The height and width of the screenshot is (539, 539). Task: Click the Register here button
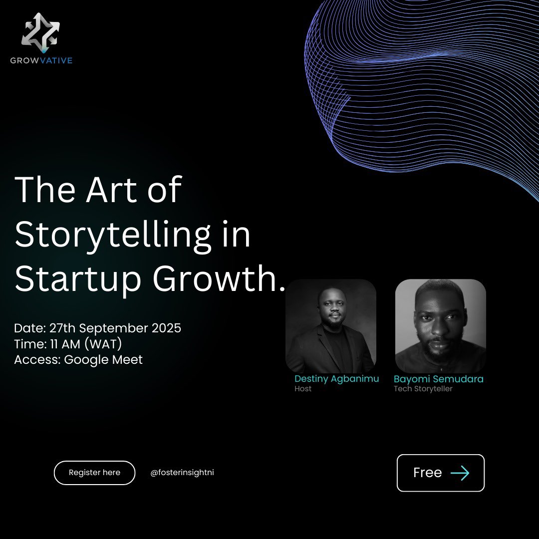coord(94,473)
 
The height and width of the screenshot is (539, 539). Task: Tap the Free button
coord(440,473)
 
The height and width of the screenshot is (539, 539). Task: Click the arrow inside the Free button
coord(460,473)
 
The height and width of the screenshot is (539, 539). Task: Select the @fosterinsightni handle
coord(182,473)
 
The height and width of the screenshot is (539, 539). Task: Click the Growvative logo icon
coord(40,33)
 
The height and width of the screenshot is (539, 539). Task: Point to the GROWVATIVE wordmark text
coord(41,61)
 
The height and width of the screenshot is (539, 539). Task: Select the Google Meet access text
coord(103,359)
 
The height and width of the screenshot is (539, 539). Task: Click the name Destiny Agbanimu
coord(336,379)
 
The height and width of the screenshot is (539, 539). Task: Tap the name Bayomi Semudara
coord(438,379)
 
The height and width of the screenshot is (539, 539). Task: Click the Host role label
coord(303,389)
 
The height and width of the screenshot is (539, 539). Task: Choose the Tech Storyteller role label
coord(423,389)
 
